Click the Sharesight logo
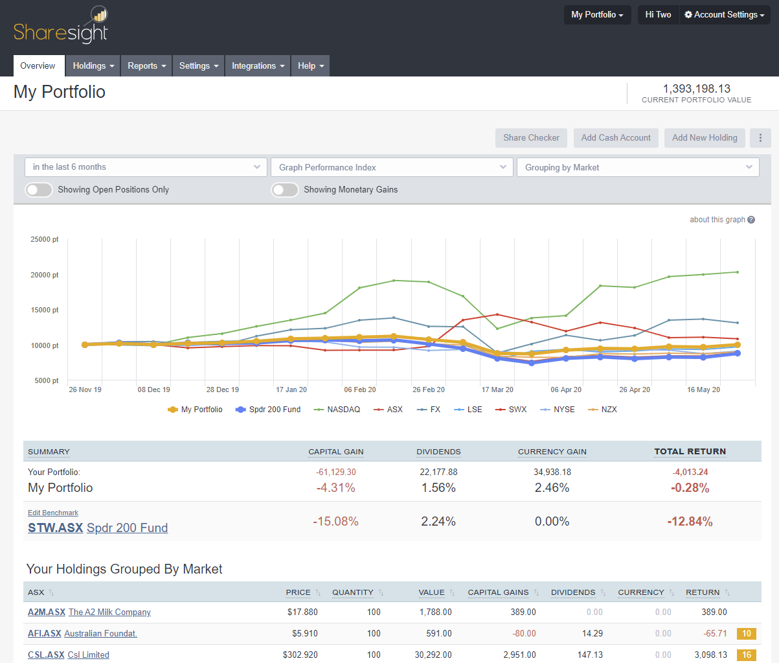61,26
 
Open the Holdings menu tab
93,66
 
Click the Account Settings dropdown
724,15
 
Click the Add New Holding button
705,138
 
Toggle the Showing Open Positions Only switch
39,190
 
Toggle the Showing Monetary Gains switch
285,190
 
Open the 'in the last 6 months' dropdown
146,167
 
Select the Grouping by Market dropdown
638,167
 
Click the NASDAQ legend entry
337,410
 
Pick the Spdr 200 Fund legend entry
269,410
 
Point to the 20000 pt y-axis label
45,275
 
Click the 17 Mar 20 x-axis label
497,390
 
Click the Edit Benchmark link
53,513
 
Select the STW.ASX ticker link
55,528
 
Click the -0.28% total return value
690,488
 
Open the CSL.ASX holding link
46,655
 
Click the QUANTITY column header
353,592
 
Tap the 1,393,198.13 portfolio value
696,89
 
